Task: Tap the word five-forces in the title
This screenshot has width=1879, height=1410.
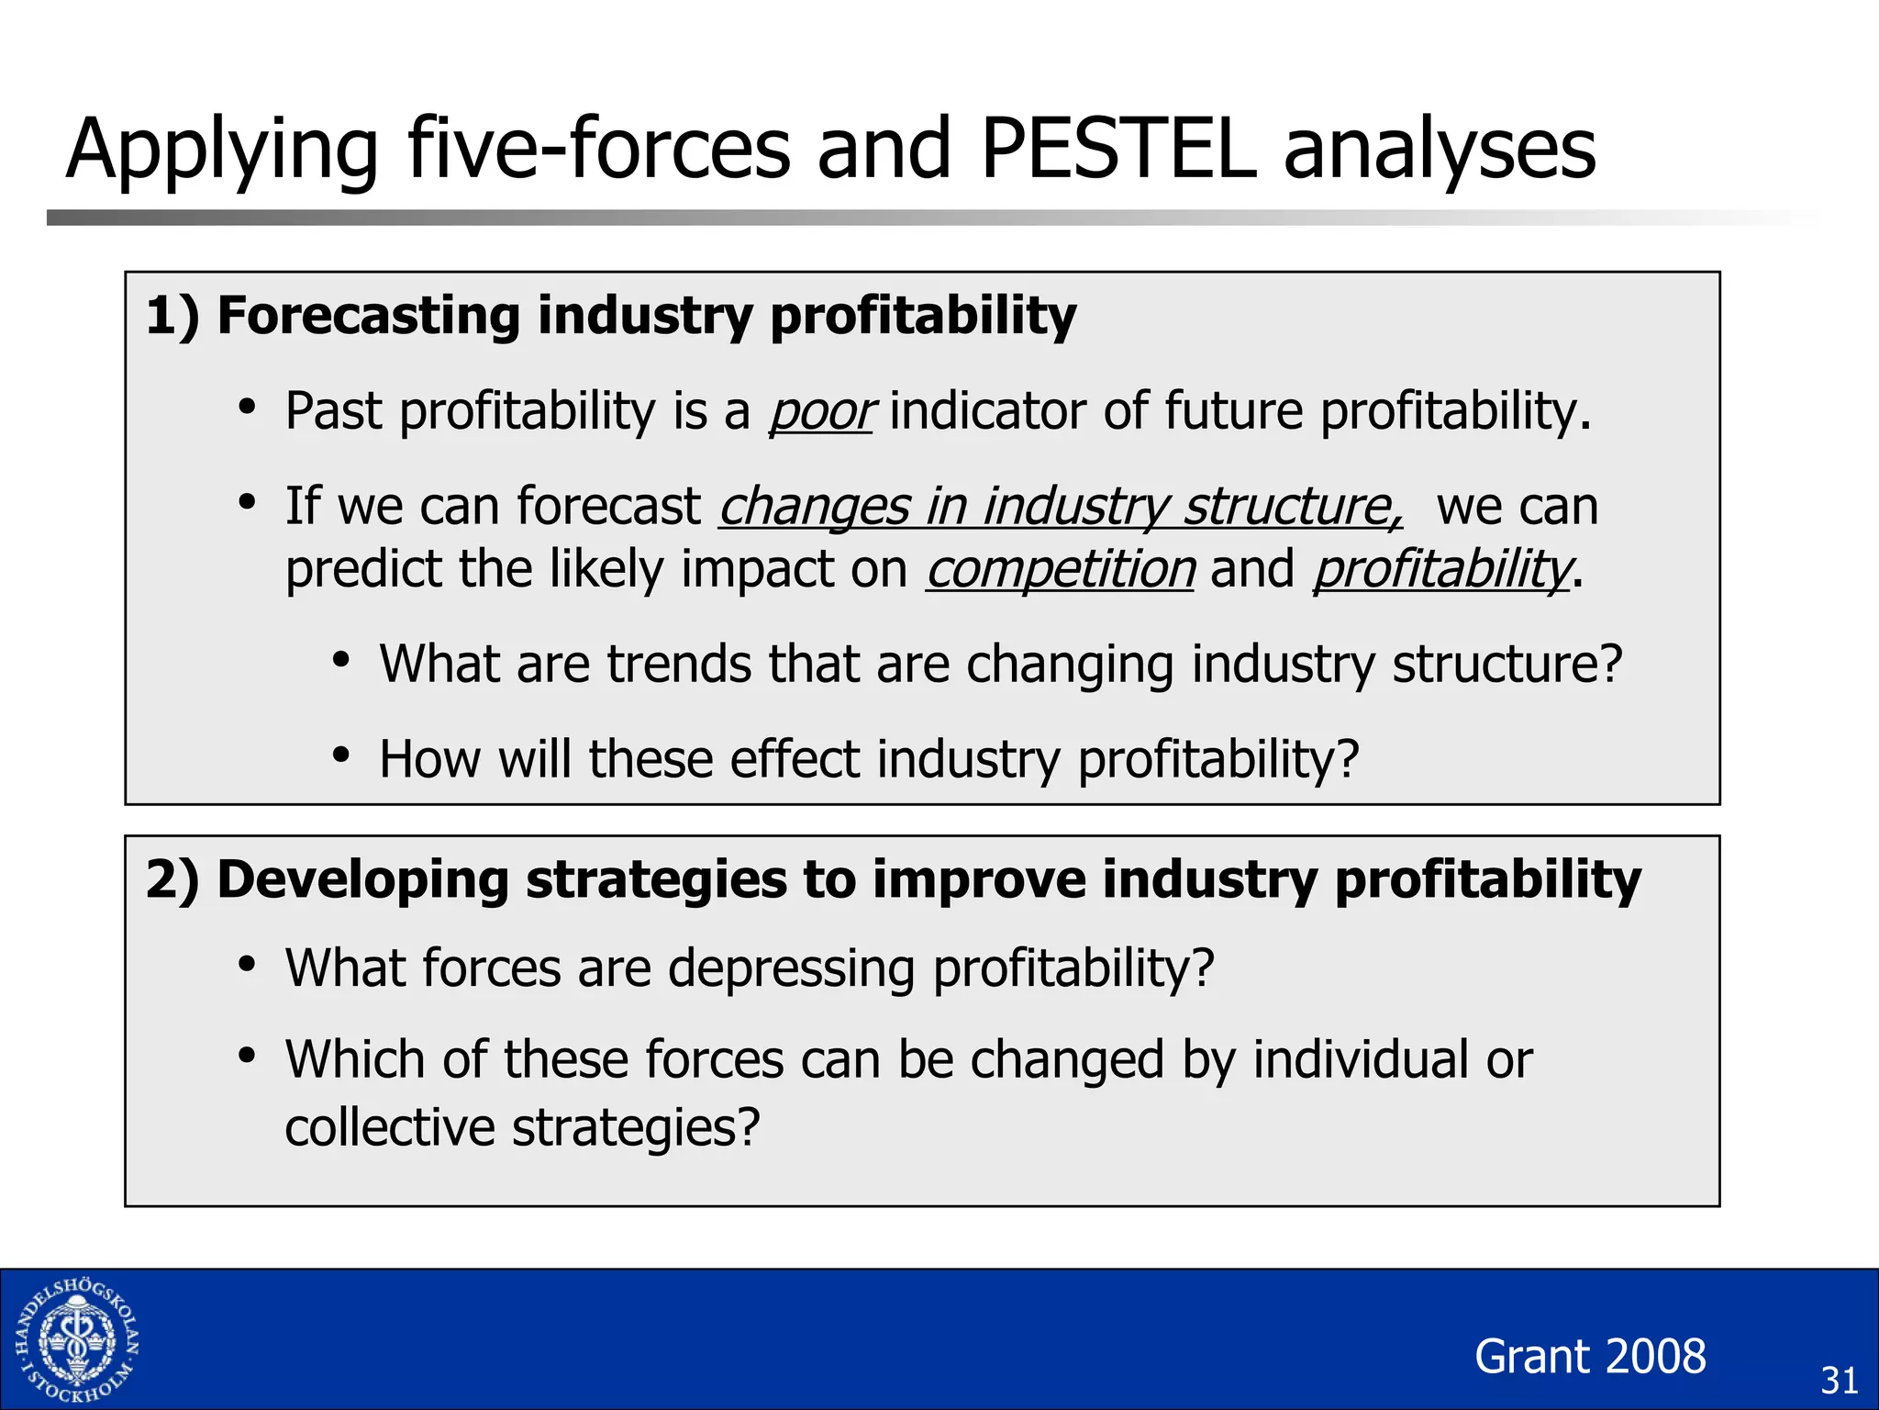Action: click(597, 149)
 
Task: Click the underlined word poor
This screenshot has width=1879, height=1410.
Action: click(821, 411)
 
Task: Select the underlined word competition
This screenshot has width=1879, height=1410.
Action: click(1060, 569)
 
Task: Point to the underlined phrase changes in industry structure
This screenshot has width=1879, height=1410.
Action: click(1060, 507)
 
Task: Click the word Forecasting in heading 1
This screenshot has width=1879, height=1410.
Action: click(368, 316)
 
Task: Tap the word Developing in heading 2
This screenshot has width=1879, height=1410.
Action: click(362, 879)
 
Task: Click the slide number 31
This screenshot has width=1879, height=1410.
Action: click(1839, 1381)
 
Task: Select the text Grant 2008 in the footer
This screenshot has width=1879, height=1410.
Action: click(1590, 1356)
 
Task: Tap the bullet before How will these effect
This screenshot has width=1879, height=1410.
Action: click(341, 755)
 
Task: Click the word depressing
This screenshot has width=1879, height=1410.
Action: click(790, 969)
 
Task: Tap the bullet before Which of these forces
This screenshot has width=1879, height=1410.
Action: click(246, 1057)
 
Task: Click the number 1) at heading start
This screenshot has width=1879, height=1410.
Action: click(172, 316)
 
